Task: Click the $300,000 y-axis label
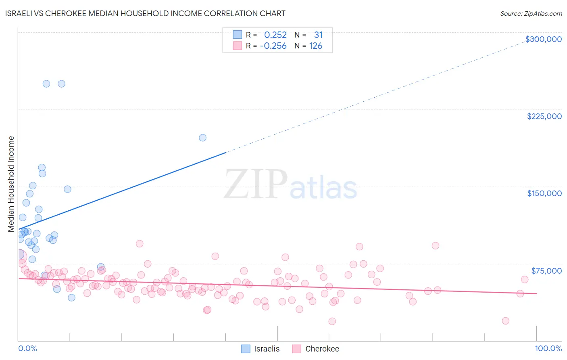coord(543,39)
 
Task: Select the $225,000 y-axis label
coord(544,116)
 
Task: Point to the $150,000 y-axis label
coord(544,193)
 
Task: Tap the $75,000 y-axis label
coord(546,271)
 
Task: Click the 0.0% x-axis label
coord(27,348)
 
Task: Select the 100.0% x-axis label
coord(548,348)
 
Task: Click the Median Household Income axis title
coord(11,184)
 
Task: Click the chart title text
coord(145,13)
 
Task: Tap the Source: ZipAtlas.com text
coord(531,13)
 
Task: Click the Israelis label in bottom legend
coord(267,349)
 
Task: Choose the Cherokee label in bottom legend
coord(322,349)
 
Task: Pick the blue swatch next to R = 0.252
coord(238,35)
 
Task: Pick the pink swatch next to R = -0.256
coord(238,46)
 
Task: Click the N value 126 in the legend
coord(315,46)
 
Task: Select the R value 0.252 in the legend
coord(275,35)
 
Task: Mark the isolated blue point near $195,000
coord(202,138)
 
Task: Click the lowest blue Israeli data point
coord(71,297)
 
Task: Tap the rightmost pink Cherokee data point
coord(524,279)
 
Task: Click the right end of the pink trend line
coord(536,293)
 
